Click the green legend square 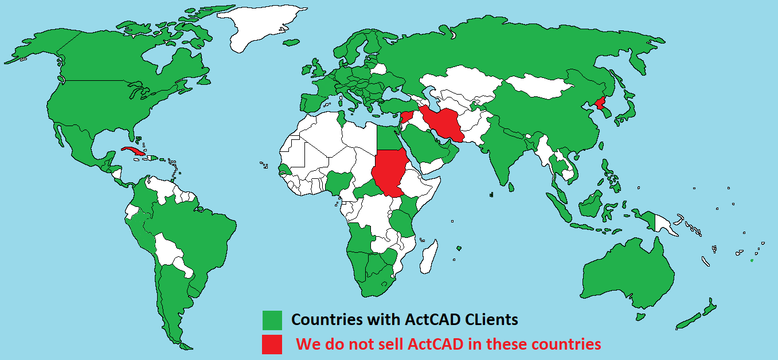tap(272, 320)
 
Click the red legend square tap(272, 344)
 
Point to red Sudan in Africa tap(390, 172)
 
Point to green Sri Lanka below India tap(511, 186)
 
